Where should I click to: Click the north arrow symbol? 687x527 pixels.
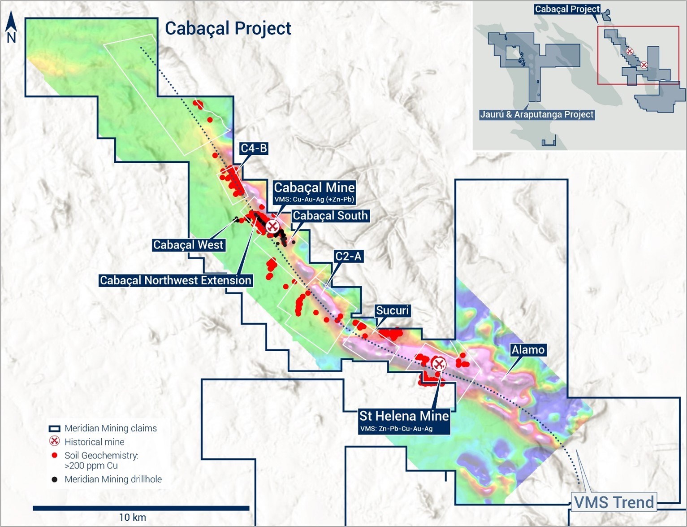pos(11,28)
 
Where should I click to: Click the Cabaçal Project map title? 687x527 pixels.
pos(228,28)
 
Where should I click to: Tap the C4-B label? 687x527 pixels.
pos(254,148)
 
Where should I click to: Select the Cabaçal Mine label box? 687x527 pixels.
pos(314,192)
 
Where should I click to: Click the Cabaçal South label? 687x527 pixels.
pos(330,216)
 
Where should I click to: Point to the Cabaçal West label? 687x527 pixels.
pos(188,245)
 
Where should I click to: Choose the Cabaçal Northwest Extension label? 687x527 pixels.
pos(175,281)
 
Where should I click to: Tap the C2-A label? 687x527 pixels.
pos(349,257)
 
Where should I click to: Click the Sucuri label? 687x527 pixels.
pos(392,311)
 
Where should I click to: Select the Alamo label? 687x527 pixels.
pos(528,350)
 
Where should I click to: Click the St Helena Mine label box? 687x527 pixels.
pos(404,420)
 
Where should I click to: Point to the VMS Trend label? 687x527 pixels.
pos(614,502)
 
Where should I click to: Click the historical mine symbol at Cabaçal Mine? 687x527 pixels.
pos(272,226)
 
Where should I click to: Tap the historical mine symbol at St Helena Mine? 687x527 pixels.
pos(438,363)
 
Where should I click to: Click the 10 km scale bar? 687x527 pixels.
pos(141,508)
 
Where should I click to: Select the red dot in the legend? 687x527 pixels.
pos(55,456)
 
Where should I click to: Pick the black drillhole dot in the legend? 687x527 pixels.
pos(55,479)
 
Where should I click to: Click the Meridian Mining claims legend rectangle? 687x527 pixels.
pos(55,429)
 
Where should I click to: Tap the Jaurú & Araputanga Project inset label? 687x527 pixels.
pos(536,114)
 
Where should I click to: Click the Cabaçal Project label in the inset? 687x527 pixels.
pos(567,9)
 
